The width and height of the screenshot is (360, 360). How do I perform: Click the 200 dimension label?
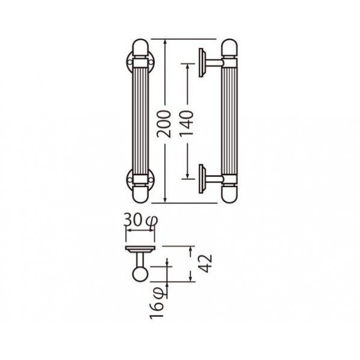pos(164,123)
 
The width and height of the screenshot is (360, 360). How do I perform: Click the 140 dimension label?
pos(187,123)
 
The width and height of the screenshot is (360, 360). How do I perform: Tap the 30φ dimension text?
pos(140,220)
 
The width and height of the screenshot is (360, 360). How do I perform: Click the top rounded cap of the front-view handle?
pos(140,48)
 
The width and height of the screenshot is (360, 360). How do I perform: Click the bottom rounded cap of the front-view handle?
pos(140,194)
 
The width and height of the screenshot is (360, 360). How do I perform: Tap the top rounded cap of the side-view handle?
pos(229,48)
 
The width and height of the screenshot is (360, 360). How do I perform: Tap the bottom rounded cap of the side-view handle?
pos(229,194)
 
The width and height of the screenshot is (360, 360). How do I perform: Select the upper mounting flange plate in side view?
pos(202,63)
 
